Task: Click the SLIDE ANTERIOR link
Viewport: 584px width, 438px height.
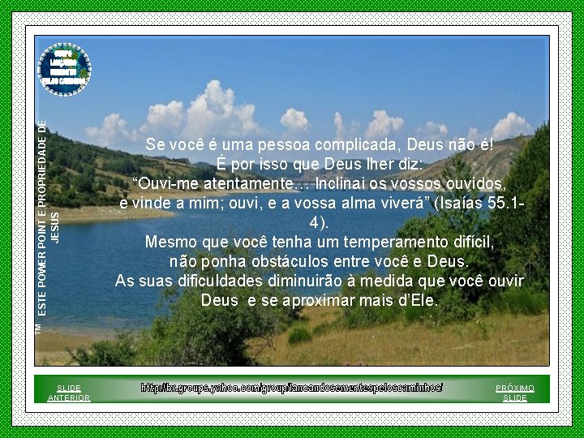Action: [69, 393]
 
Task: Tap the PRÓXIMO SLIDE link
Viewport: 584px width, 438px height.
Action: [515, 393]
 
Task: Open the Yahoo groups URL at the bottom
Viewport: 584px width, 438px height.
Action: [292, 388]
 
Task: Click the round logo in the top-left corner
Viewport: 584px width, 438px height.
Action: [66, 67]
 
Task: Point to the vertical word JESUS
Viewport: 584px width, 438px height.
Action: [55, 227]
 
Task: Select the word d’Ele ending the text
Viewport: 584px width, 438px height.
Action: [417, 301]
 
